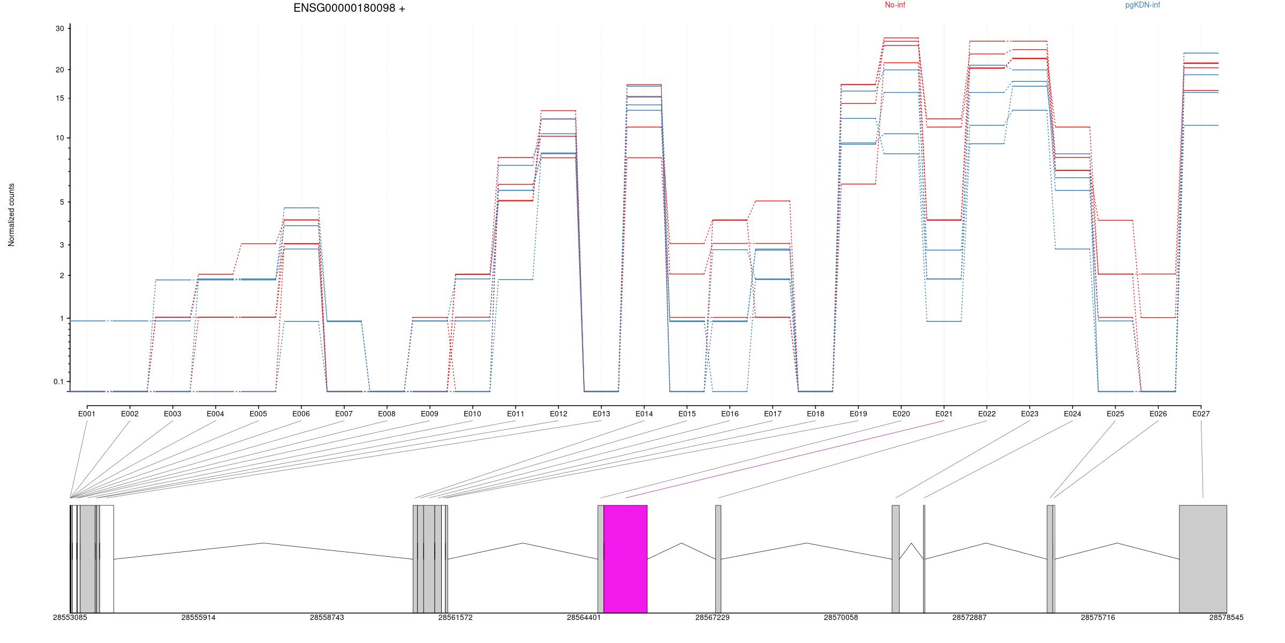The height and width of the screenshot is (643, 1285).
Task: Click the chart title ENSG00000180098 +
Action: [x=349, y=8]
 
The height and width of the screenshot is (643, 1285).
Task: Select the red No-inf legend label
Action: [x=895, y=5]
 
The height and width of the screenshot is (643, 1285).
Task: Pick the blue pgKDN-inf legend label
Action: [x=1143, y=5]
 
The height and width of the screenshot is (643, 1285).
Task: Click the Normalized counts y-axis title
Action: [x=11, y=215]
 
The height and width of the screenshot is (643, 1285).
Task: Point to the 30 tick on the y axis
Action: [x=59, y=29]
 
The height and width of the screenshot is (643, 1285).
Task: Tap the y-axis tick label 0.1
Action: [x=58, y=382]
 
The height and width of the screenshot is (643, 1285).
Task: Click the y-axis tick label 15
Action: [x=59, y=99]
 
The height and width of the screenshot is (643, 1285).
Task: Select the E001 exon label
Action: [x=87, y=414]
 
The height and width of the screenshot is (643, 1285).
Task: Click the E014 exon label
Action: [x=644, y=414]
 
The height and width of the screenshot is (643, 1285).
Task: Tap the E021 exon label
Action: [x=944, y=414]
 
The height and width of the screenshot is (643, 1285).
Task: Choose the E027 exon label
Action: [x=1201, y=414]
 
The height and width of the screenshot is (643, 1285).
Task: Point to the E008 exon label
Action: [x=387, y=414]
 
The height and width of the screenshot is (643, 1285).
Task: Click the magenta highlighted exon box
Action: [x=625, y=558]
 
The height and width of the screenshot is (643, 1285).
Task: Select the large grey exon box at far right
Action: [x=1203, y=558]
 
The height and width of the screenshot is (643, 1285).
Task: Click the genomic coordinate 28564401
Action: [x=584, y=617]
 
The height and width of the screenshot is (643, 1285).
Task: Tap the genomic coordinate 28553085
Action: [x=70, y=617]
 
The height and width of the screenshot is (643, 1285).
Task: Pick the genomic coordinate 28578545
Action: [x=1226, y=617]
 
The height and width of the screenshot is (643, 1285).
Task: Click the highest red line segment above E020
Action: [x=901, y=38]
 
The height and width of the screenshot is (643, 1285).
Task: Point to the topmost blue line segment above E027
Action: [x=1201, y=53]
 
